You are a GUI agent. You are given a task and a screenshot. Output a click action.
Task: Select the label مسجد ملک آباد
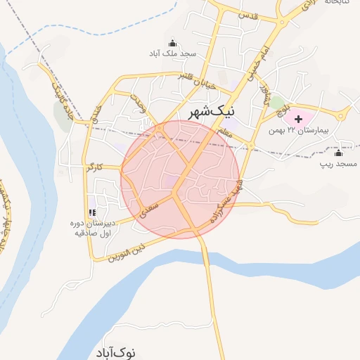tap(171, 53)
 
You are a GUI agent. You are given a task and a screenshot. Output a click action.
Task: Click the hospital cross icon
tap(298, 118)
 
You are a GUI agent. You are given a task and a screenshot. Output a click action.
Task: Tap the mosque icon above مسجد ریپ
tap(338, 153)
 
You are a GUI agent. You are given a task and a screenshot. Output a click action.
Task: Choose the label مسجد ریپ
tap(338, 164)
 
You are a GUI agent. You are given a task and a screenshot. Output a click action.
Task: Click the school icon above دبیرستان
tap(91, 212)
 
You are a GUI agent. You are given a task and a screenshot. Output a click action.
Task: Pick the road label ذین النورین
tap(127, 252)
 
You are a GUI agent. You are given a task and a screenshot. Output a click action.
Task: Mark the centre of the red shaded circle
tap(181, 179)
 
